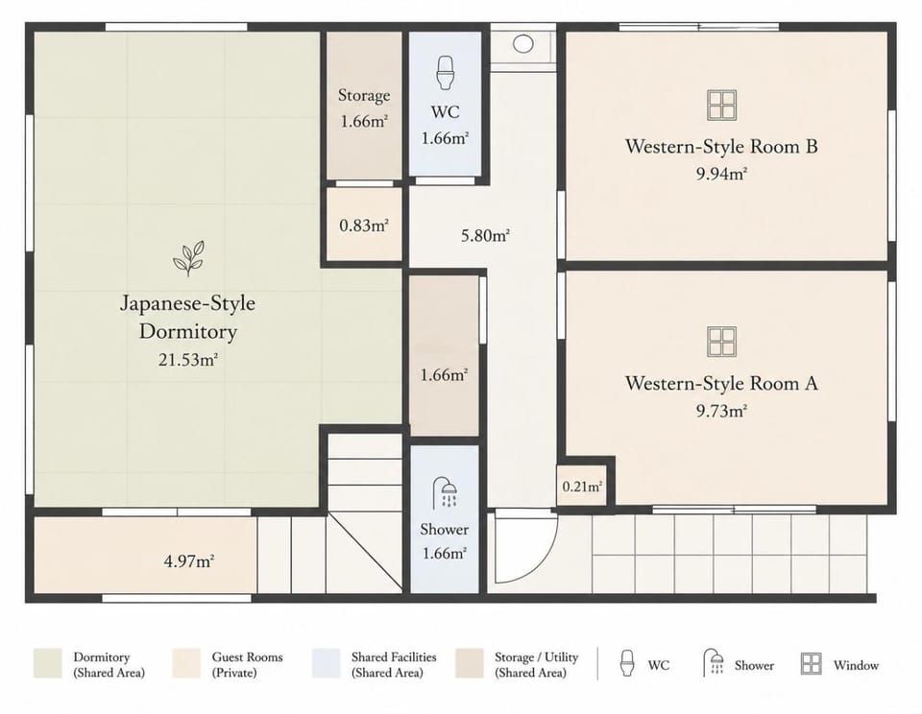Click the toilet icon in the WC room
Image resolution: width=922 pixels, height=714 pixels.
tap(445, 73)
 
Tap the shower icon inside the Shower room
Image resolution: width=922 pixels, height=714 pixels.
tap(445, 492)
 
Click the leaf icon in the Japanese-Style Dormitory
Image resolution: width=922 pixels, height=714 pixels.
tap(188, 258)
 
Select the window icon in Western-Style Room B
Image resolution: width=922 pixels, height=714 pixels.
tap(721, 106)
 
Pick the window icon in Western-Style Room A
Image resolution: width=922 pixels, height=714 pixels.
tap(721, 342)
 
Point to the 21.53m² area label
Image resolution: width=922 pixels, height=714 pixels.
tap(188, 360)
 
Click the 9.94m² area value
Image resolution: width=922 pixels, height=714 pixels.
tap(721, 174)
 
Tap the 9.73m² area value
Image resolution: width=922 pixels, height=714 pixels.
tap(721, 411)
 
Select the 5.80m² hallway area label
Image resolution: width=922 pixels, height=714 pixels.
tap(485, 236)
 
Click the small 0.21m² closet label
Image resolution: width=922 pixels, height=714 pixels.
tap(582, 487)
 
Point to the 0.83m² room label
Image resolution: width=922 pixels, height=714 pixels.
tap(364, 226)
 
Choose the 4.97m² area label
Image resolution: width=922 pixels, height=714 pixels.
tap(189, 561)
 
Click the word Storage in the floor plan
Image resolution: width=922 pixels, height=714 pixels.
tap(364, 95)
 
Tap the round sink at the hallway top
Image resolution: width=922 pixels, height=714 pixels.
tap(522, 43)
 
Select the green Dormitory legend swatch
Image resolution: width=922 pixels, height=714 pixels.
tap(48, 663)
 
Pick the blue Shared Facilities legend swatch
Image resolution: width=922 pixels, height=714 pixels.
tap(326, 663)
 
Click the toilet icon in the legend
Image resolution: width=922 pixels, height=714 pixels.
tap(627, 663)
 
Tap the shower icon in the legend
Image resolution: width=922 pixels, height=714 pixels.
tap(714, 663)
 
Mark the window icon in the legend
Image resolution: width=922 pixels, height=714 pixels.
tap(811, 664)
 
